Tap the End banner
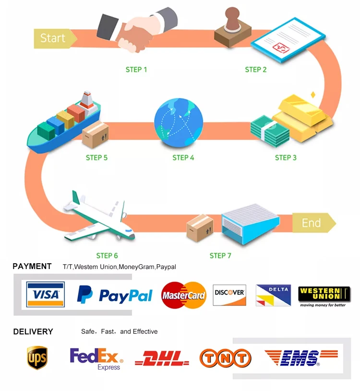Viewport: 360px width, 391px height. pos(312,223)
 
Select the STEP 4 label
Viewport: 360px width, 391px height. pos(183,158)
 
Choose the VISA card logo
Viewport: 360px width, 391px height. pos(46,294)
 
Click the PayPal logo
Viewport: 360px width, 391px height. pos(115,295)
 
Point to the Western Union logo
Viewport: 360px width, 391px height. pos(324,296)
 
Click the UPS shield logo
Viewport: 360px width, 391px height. pos(37,358)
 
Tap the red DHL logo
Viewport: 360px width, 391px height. pos(159,358)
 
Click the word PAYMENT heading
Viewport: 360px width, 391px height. pos(32,266)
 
